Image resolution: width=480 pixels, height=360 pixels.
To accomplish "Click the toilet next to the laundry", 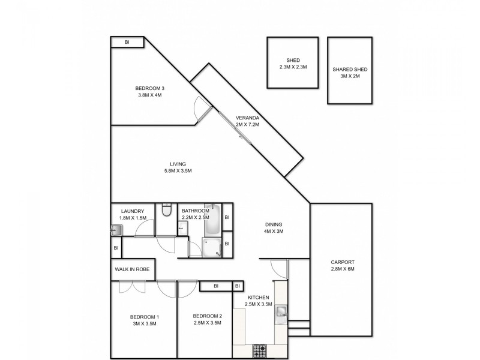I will click(x=167, y=210).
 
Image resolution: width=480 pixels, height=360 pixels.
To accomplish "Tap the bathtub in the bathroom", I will click(x=213, y=223).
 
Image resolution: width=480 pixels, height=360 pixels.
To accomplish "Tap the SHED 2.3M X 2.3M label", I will click(x=293, y=64).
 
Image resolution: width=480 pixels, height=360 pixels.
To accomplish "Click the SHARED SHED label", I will click(x=350, y=73).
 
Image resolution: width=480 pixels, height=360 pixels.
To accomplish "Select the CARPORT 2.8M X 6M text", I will click(x=343, y=265).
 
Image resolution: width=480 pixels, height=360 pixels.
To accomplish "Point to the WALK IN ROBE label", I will click(x=132, y=269).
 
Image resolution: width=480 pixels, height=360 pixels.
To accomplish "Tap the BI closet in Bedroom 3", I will click(x=127, y=42).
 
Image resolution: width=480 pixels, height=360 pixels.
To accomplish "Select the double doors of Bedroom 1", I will click(x=133, y=287).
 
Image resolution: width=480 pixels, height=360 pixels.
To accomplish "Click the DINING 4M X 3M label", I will click(x=274, y=228).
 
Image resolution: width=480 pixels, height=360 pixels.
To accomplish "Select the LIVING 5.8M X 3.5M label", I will click(x=178, y=167).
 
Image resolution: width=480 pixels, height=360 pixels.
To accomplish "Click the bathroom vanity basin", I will click(x=181, y=227).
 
